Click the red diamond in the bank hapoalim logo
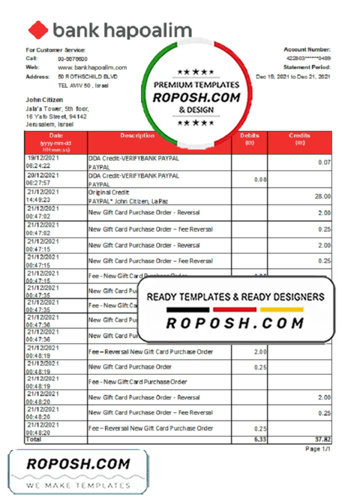(38, 30)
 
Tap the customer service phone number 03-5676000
(73, 59)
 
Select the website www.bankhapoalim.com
(92, 68)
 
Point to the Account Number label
(307, 49)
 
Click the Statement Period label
(307, 68)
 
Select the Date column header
(56, 136)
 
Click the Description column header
(137, 136)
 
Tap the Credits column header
(299, 136)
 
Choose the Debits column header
(249, 136)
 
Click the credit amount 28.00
(322, 196)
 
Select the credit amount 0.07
(324, 163)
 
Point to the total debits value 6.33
(259, 440)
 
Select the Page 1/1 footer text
(317, 449)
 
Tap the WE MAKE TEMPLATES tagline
(78, 484)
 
